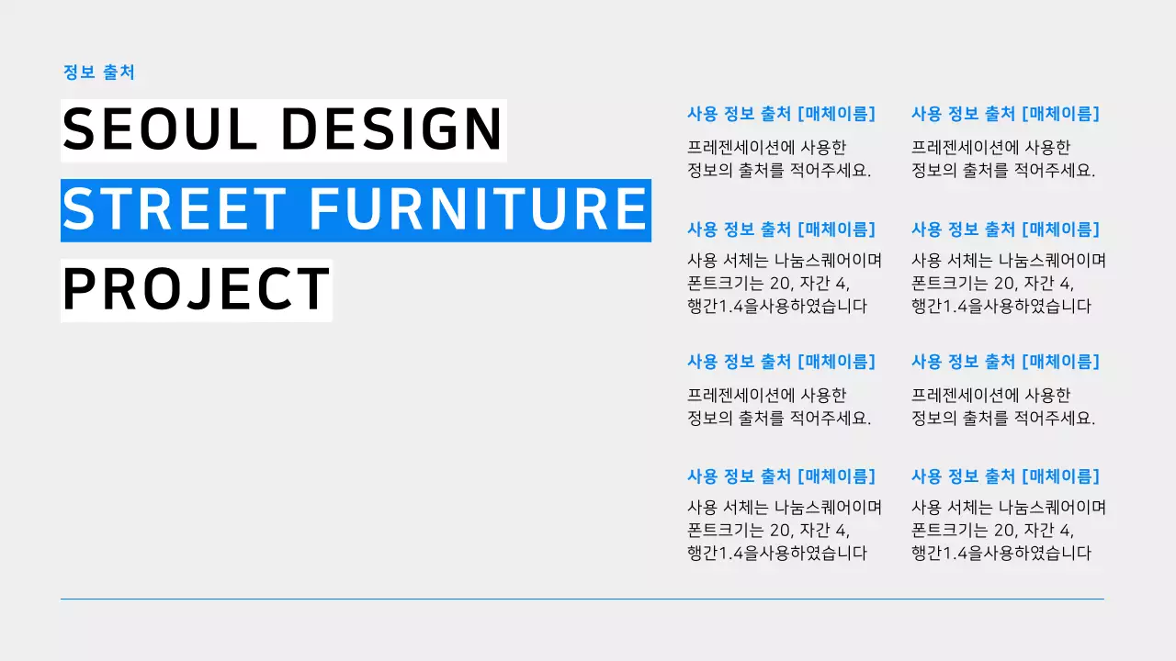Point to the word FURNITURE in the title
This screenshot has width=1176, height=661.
(x=478, y=209)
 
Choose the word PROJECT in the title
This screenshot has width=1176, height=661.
(x=196, y=289)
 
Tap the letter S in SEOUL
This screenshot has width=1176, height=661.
(x=78, y=129)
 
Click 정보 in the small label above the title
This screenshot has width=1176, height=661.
(x=78, y=73)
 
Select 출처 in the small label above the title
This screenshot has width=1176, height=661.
(x=119, y=73)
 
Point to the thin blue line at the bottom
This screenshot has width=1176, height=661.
(x=582, y=599)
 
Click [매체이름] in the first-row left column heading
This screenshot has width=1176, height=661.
(x=837, y=114)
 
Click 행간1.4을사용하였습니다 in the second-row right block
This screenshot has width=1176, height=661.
(x=1001, y=306)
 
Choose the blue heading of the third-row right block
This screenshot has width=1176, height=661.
(x=1005, y=362)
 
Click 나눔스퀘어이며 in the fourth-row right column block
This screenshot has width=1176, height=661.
(x=1052, y=507)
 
